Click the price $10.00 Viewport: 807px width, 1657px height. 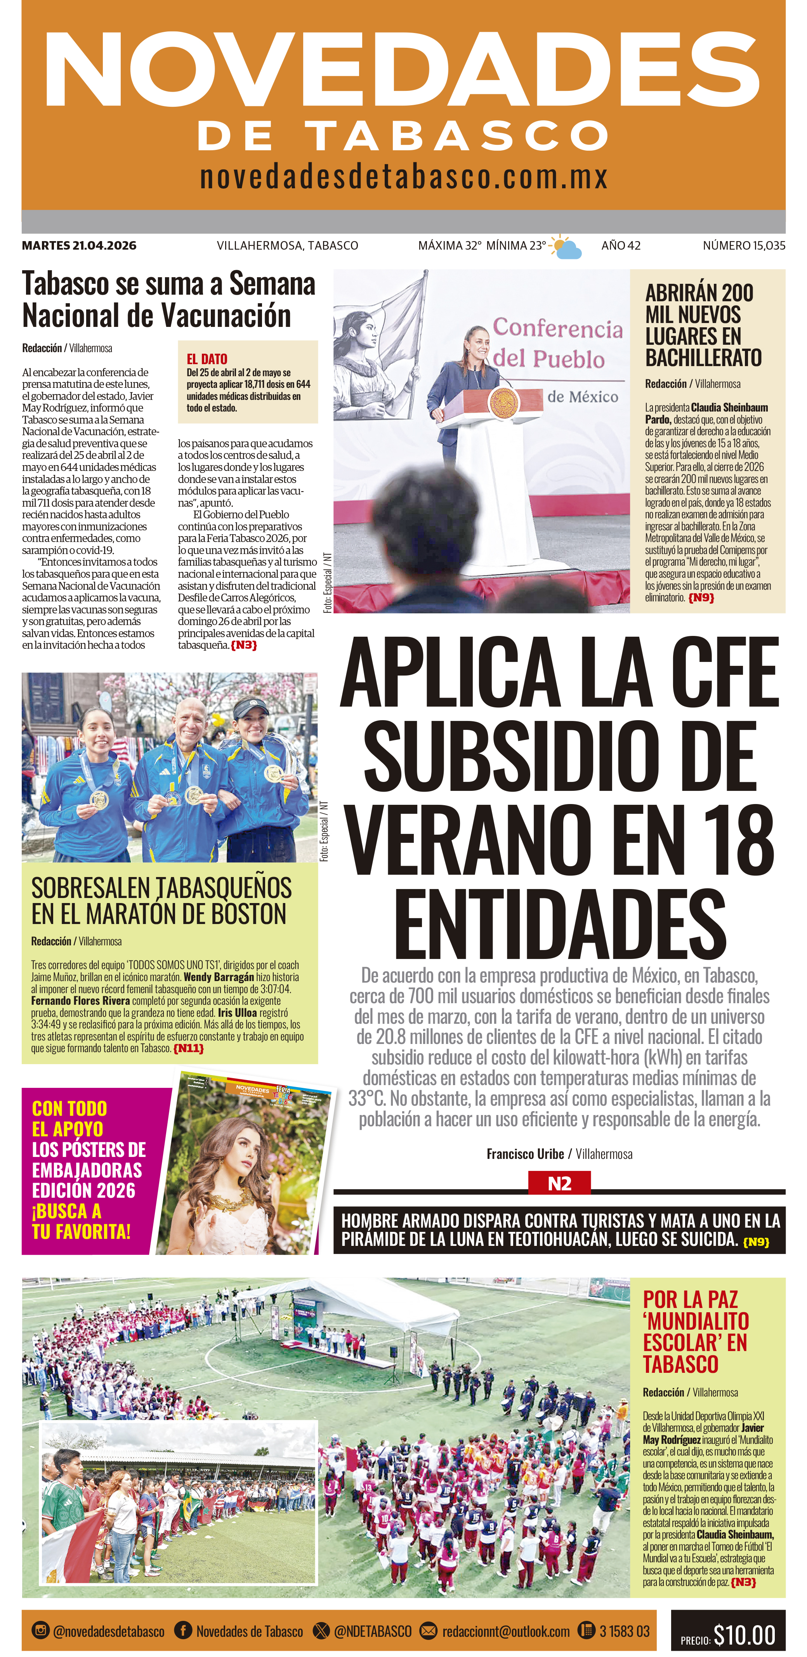click(744, 1634)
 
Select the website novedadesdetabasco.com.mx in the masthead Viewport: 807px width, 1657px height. click(404, 177)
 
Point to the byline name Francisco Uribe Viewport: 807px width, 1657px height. click(525, 1154)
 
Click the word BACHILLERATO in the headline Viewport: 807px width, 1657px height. click(703, 358)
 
